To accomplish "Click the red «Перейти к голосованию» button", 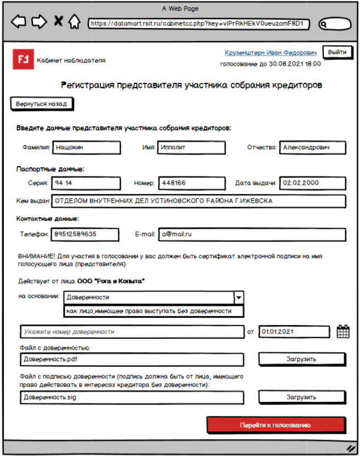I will (x=276, y=425).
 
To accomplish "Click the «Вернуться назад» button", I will (x=42, y=104).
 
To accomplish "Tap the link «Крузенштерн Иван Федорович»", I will (x=271, y=53).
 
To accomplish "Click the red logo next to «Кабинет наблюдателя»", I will (x=23, y=60).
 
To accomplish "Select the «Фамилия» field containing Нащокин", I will (x=87, y=147).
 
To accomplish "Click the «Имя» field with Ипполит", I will (x=192, y=147).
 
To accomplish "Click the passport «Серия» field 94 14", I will (x=87, y=183).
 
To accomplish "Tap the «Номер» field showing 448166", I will (x=192, y=183).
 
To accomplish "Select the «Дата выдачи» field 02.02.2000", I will (x=313, y=183).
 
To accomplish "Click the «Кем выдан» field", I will (x=199, y=201).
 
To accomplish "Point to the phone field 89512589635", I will (x=85, y=234).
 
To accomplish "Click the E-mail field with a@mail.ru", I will (x=252, y=234).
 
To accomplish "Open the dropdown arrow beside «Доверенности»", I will (x=238, y=298).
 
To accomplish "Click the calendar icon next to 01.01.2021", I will (x=343, y=332).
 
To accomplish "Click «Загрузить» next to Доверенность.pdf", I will (x=301, y=360).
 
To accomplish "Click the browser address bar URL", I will (x=197, y=24).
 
